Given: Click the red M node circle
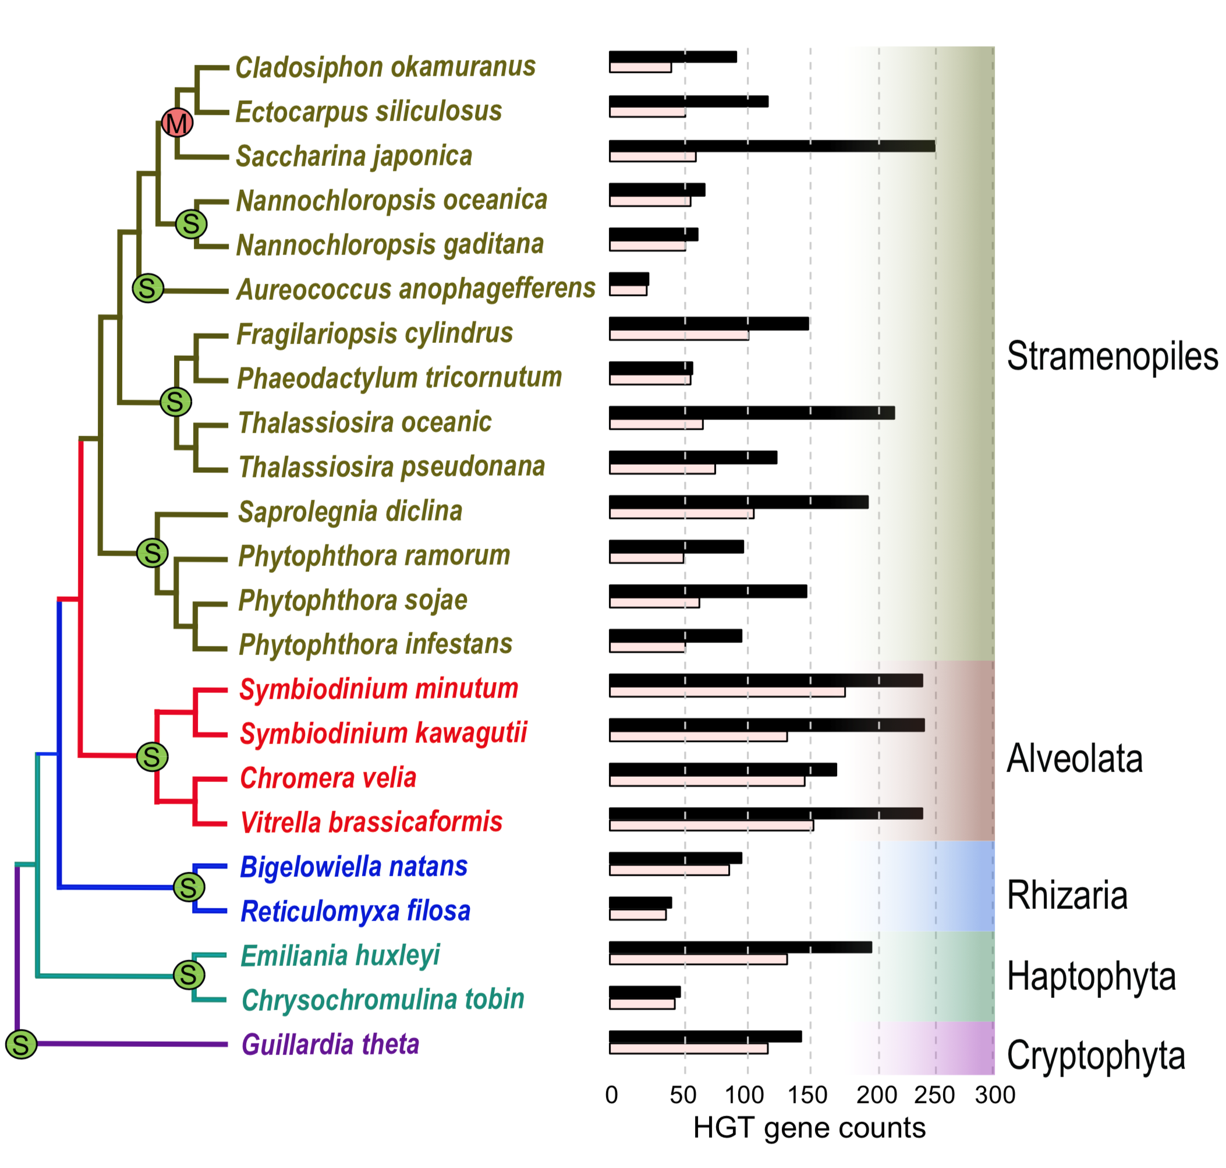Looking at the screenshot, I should click(177, 123).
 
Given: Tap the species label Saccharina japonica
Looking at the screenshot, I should click(353, 155).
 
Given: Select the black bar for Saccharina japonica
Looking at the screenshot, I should click(771, 146).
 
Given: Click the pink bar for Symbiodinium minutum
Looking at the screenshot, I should click(727, 692).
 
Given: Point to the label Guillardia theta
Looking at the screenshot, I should click(330, 1045).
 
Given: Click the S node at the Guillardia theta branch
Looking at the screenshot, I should click(21, 1044).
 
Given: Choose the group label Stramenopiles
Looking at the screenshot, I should click(1111, 356).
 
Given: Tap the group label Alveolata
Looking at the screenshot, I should click(1074, 758).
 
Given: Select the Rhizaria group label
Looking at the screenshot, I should click(1066, 896).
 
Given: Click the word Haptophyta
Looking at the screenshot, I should click(1091, 976).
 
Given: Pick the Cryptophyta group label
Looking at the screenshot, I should click(1096, 1055).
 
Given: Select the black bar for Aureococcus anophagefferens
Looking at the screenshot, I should click(629, 279).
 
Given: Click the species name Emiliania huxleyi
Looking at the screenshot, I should click(340, 955).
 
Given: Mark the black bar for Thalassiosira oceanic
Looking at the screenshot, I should click(751, 413).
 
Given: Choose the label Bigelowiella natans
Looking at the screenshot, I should click(353, 866).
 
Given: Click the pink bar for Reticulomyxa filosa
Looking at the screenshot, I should click(637, 915).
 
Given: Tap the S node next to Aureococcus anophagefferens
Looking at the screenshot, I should click(147, 288).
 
